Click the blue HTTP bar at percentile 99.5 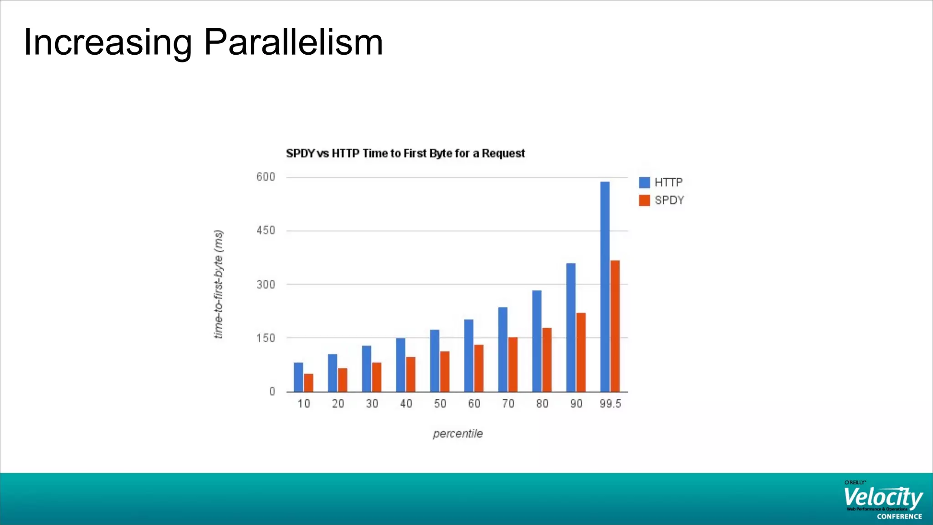click(x=605, y=287)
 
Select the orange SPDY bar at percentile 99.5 click(x=615, y=326)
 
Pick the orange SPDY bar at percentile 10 click(x=308, y=383)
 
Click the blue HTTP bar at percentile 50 click(x=435, y=360)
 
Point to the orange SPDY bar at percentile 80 click(x=547, y=360)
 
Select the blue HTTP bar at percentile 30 click(x=366, y=369)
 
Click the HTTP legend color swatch click(x=644, y=182)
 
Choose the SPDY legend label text click(x=669, y=201)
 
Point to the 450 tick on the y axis click(x=266, y=231)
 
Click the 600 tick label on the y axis click(x=266, y=177)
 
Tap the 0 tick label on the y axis click(x=272, y=391)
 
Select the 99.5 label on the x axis click(x=610, y=404)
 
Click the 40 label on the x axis click(x=406, y=404)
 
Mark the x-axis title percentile click(x=457, y=433)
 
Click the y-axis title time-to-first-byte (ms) click(x=219, y=284)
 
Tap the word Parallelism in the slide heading click(x=293, y=42)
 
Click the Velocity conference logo click(x=883, y=500)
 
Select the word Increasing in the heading click(x=108, y=42)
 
